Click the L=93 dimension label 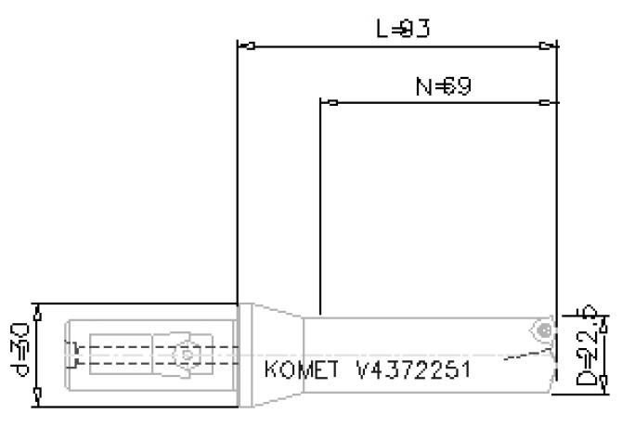click(402, 29)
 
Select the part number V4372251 click(414, 370)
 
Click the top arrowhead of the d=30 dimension click(36, 309)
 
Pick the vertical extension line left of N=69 click(319, 204)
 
